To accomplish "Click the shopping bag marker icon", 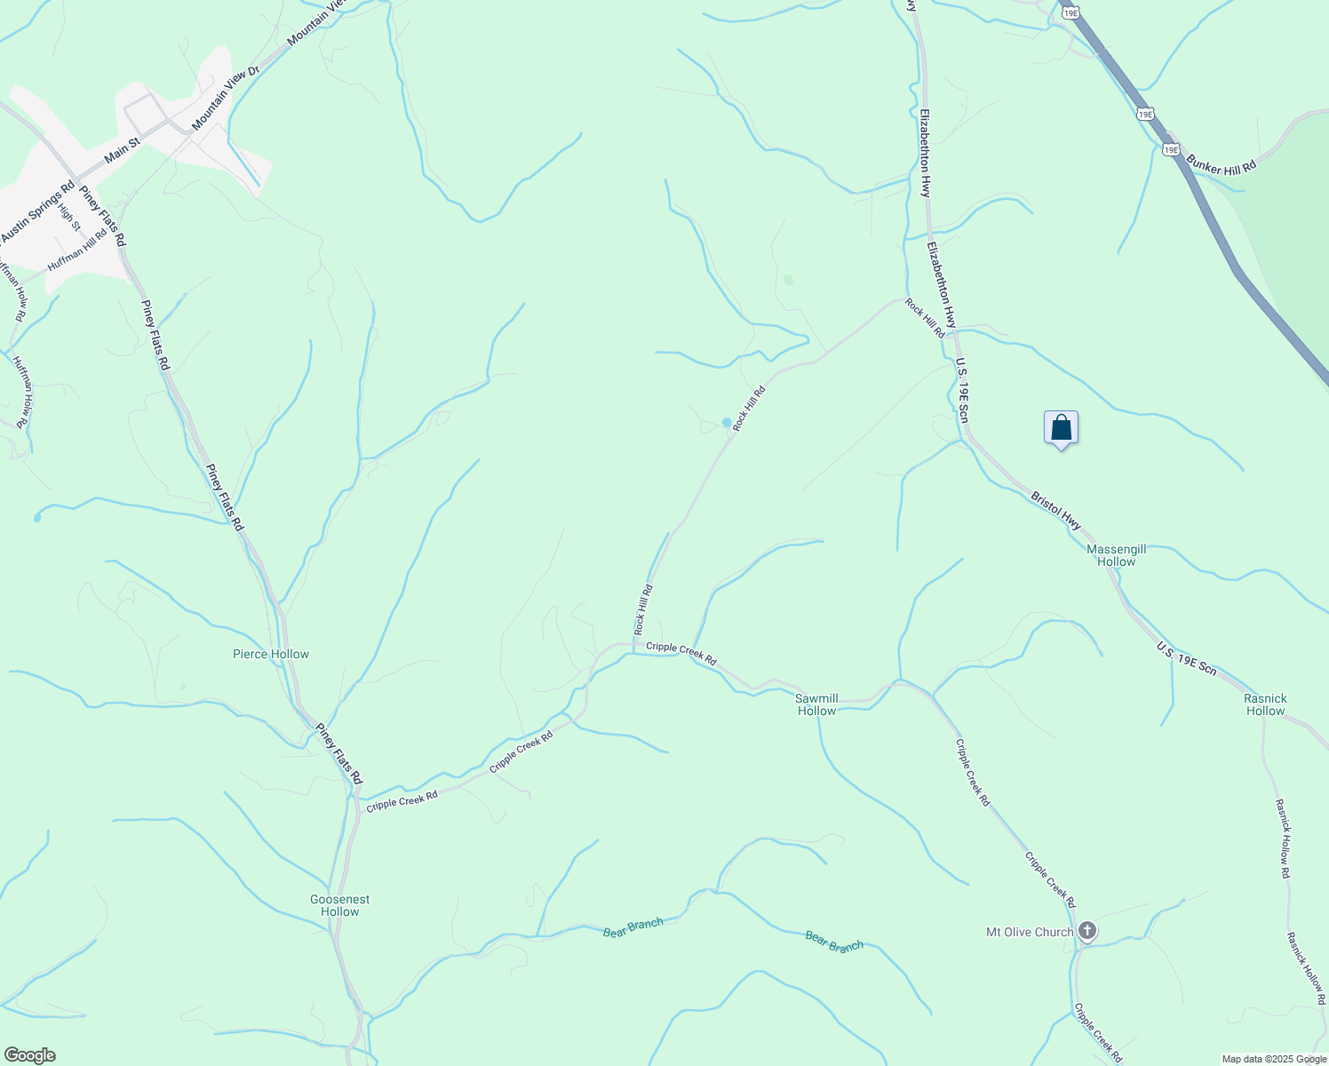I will [x=1061, y=428].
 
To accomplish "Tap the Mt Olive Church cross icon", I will [x=1086, y=931].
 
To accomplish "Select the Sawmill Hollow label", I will [x=816, y=704].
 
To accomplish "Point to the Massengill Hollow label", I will [x=1116, y=555].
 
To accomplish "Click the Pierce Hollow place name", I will [x=271, y=654].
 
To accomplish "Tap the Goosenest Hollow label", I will [x=340, y=905].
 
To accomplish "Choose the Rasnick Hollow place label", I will [x=1265, y=704].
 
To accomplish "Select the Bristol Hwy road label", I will [x=1056, y=511].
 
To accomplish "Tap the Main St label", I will [x=122, y=149].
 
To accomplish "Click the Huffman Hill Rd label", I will [x=77, y=249].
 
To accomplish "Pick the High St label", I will [x=68, y=217].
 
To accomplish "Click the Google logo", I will [x=28, y=1055].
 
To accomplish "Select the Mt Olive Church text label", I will [x=1030, y=932].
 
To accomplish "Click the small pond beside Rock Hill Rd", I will [x=727, y=422].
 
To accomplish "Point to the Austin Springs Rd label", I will [x=37, y=213].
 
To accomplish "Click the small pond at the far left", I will [x=36, y=517].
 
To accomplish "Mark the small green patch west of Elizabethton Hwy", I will [x=788, y=280].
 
